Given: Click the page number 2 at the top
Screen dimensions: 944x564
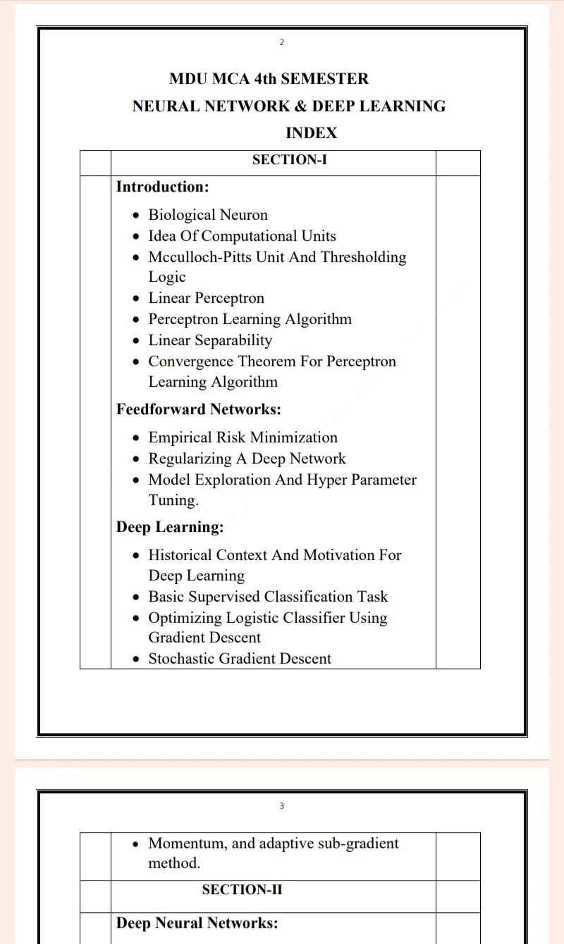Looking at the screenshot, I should click(x=282, y=42).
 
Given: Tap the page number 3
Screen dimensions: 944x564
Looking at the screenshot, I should click(x=282, y=806).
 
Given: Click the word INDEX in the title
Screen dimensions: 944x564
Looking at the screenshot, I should click(x=311, y=133).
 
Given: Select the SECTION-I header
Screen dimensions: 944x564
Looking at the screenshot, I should click(x=289, y=160).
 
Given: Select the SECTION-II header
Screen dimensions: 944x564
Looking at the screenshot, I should click(x=242, y=890).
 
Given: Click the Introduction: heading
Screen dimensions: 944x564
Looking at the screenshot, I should click(x=162, y=187).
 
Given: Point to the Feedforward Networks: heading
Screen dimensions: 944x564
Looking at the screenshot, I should click(x=198, y=409).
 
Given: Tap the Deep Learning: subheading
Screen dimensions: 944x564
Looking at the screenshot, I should click(x=169, y=527).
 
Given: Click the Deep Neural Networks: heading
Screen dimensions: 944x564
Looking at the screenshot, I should click(x=197, y=923).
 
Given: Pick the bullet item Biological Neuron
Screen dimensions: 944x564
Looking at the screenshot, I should click(x=208, y=215).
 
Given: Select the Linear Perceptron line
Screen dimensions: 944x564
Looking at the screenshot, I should click(x=206, y=298).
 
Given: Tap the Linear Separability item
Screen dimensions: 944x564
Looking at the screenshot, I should click(x=209, y=340).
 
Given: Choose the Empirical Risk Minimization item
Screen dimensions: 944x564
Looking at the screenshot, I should click(x=243, y=437).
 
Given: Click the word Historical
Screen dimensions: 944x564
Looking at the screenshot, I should click(x=180, y=555).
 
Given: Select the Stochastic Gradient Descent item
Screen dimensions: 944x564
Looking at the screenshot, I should click(x=239, y=659).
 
